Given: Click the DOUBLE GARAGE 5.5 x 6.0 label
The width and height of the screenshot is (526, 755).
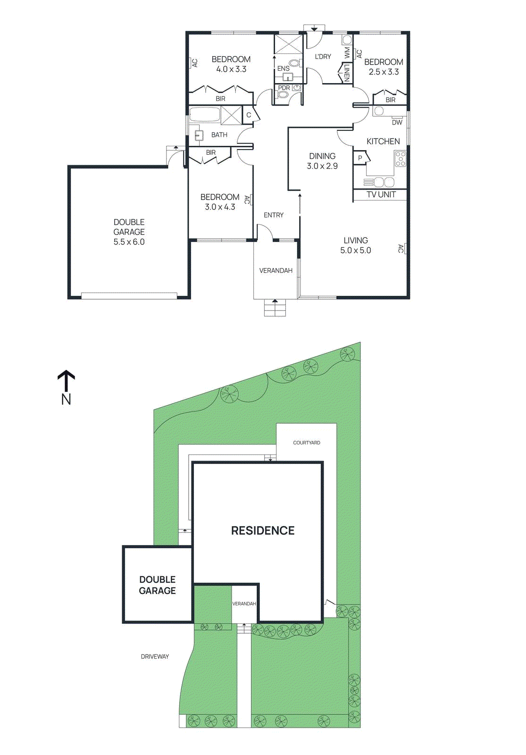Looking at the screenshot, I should (129, 232).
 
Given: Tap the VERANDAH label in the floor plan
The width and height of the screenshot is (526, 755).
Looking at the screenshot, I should (276, 270).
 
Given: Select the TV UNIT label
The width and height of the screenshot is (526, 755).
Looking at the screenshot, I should (381, 194).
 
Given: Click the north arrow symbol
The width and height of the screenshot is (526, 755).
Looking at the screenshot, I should (66, 380).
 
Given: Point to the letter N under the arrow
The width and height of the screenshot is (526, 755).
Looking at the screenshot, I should (66, 399).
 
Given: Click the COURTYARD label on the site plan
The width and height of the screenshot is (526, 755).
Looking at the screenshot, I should (306, 443).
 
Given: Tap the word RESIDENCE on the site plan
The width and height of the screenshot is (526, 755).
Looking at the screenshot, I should (262, 530).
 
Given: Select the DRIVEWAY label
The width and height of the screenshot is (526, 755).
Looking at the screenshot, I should (155, 656).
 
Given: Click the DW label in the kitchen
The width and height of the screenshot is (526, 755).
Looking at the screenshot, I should (397, 122).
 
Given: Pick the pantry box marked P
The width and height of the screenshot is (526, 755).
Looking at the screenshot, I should (360, 158).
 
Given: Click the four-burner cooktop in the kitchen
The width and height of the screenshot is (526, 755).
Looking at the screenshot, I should (400, 159).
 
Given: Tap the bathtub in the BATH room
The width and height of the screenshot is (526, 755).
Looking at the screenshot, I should (205, 115).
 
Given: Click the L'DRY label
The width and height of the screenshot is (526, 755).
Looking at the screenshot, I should (323, 57).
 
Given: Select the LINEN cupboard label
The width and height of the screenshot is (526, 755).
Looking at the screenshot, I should (347, 73).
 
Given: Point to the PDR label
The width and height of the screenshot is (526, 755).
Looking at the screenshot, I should (284, 88).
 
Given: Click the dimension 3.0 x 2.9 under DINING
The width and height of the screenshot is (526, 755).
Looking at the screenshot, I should (322, 166).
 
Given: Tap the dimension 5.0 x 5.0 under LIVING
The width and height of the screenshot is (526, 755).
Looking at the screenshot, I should (355, 251).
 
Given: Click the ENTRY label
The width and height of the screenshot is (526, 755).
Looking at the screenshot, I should (273, 215).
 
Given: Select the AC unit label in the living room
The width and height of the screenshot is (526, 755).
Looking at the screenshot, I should (401, 248).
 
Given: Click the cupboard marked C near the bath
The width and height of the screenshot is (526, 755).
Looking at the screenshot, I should (249, 115).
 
